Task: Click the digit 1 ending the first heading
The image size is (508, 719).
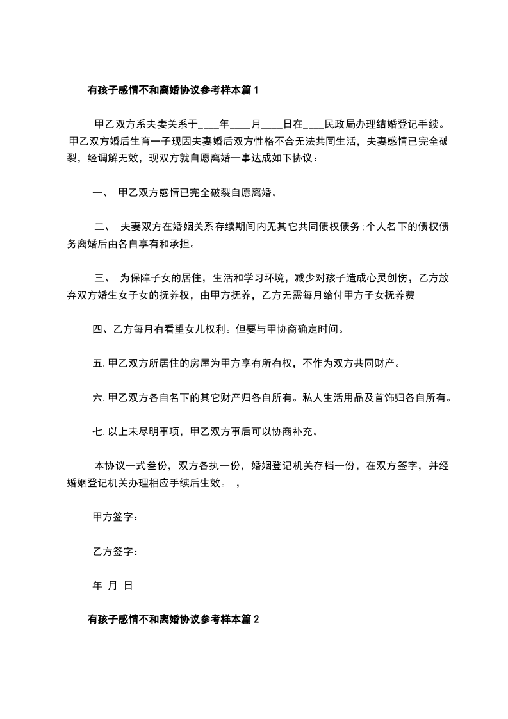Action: pos(256,91)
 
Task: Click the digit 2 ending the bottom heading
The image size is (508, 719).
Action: pos(256,620)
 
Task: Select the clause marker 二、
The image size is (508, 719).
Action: pos(103,226)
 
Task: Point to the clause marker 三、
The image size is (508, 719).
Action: pos(103,279)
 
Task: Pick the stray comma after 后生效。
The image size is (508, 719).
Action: pos(238,484)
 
